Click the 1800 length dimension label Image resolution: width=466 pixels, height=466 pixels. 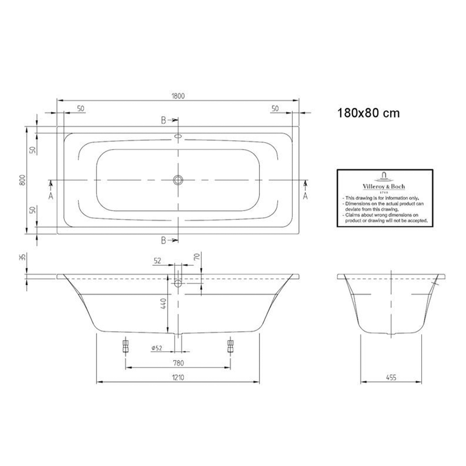[178, 96]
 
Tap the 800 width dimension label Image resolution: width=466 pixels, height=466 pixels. [22, 180]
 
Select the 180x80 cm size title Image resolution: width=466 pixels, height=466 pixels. [369, 113]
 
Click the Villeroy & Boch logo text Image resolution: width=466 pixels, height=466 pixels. [384, 186]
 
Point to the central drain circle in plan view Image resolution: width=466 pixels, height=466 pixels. [178, 180]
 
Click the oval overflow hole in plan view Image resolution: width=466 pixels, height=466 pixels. [178, 137]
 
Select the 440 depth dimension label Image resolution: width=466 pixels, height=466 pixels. [164, 304]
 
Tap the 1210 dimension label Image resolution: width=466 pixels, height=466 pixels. [178, 377]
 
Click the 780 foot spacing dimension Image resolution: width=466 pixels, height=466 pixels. [178, 363]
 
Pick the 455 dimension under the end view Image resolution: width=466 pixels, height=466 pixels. [391, 377]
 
